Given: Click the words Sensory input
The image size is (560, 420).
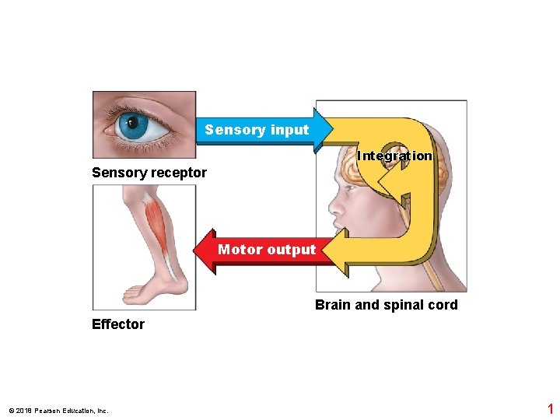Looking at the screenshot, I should [x=257, y=130].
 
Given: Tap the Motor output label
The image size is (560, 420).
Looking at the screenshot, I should [x=267, y=250].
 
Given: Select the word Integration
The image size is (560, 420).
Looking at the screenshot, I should [x=394, y=156].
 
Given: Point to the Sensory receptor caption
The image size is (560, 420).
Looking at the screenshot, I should [x=149, y=173].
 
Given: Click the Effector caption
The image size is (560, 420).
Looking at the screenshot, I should [x=118, y=324].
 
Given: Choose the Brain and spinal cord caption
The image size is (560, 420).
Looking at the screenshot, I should [x=386, y=305].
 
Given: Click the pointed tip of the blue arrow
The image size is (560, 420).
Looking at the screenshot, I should [x=334, y=129].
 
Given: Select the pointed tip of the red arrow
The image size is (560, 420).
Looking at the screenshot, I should [x=196, y=250].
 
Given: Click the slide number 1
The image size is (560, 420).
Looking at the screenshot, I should [x=550, y=409].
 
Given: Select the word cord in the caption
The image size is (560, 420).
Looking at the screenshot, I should [x=443, y=305].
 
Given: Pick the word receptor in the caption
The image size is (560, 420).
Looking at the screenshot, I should [x=180, y=173].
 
